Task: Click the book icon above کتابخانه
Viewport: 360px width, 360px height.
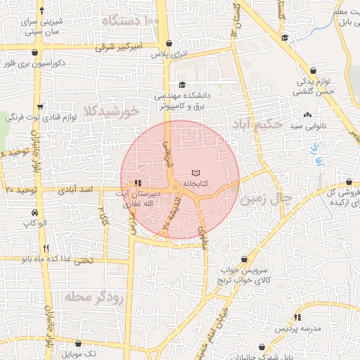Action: click(195, 173)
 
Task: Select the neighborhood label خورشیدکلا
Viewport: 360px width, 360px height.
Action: click(111, 111)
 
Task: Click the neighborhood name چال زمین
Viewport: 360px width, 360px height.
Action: click(265, 199)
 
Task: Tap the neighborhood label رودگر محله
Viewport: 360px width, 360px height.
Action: click(94, 297)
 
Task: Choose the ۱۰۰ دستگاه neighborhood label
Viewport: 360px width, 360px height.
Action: click(131, 21)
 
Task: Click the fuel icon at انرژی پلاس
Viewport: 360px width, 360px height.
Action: click(169, 44)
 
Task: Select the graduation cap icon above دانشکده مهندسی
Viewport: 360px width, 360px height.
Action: click(182, 84)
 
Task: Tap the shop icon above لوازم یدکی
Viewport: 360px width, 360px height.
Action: click(312, 71)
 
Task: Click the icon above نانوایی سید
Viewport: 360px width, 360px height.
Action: click(307, 115)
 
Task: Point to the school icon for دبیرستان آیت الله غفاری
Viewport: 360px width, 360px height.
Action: click(137, 182)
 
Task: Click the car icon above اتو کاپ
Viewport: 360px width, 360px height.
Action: click(34, 212)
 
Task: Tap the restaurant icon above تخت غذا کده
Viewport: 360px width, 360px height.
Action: click(46, 247)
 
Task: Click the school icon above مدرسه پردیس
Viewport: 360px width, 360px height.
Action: click(298, 317)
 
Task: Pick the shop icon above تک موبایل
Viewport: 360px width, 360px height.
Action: click(77, 343)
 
